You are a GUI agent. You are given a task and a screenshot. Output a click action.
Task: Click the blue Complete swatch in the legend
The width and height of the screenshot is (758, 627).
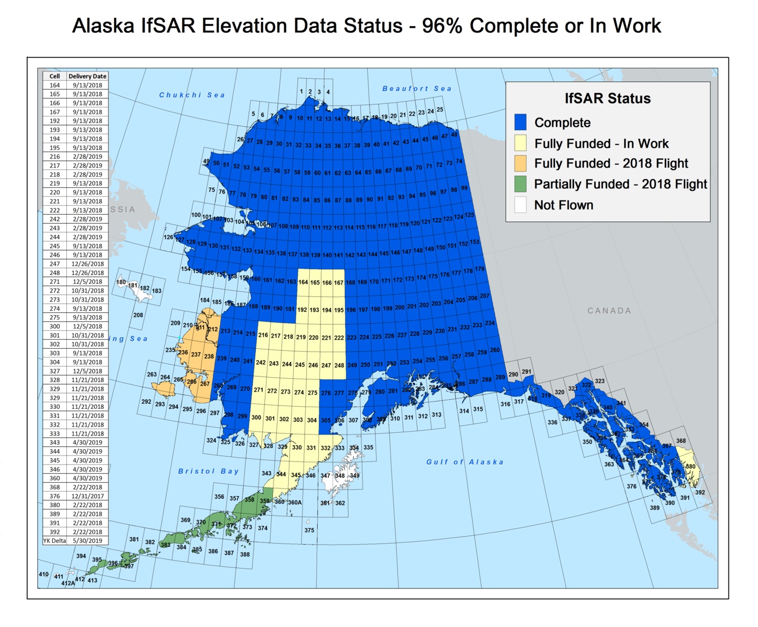coord(520,123)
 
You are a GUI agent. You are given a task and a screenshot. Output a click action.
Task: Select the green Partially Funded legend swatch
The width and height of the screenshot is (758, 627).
coord(520,184)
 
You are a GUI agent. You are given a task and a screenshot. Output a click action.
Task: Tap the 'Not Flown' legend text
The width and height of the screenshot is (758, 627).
coord(563,205)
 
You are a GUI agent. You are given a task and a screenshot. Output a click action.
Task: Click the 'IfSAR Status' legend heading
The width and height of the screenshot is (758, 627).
coord(607,98)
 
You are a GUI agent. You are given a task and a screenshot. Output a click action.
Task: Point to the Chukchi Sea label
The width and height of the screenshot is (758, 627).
coord(192,95)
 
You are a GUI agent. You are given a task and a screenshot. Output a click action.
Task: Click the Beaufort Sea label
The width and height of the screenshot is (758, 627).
coord(417,89)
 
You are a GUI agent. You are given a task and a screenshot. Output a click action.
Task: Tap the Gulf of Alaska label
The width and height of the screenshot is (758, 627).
coord(465,462)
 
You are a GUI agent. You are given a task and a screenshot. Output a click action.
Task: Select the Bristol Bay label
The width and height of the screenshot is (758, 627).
coord(208,471)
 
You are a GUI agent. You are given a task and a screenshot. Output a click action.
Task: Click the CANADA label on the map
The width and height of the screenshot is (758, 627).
coord(609,311)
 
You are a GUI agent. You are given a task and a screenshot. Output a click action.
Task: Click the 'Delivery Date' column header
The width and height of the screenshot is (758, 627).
coord(87,76)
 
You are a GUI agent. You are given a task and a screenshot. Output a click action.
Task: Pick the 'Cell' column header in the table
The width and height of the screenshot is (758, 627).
coord(54,76)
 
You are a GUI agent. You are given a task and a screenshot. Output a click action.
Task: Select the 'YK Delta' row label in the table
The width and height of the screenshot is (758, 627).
coord(54,541)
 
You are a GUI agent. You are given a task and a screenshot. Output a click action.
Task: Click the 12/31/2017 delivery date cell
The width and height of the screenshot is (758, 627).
coord(87,496)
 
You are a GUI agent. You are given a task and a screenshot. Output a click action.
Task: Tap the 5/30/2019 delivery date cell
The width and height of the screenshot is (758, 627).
coord(87,541)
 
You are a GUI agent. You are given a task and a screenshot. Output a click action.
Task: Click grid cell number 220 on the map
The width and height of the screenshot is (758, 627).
coord(313,337)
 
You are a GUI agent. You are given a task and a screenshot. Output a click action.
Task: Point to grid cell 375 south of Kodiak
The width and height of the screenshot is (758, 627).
coord(309,530)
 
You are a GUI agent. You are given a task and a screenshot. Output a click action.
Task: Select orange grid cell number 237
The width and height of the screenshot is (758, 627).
coord(196,354)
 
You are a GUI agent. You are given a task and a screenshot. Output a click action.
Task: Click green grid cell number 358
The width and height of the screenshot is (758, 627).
coord(249,500)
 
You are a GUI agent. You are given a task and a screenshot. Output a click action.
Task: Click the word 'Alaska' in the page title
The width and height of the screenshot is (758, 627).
coord(103,26)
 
